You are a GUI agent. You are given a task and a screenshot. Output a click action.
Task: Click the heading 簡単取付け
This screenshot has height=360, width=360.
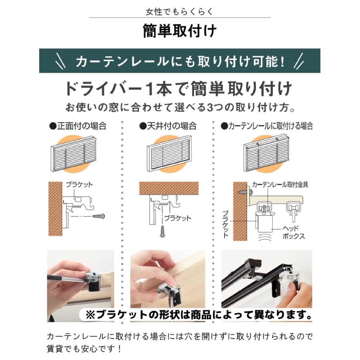180,31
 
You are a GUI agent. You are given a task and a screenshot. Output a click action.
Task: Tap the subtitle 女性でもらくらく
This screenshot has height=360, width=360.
180,11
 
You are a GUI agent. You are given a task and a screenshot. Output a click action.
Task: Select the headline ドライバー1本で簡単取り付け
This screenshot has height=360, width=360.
180,89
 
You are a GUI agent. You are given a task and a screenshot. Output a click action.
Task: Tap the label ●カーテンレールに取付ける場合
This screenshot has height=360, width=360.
267,126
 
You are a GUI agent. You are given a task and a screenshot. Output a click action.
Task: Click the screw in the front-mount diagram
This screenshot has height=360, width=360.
98,216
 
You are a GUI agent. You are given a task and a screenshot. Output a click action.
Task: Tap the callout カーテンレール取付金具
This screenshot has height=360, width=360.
280,184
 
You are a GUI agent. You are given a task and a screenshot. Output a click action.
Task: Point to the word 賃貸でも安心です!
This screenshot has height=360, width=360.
84,348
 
